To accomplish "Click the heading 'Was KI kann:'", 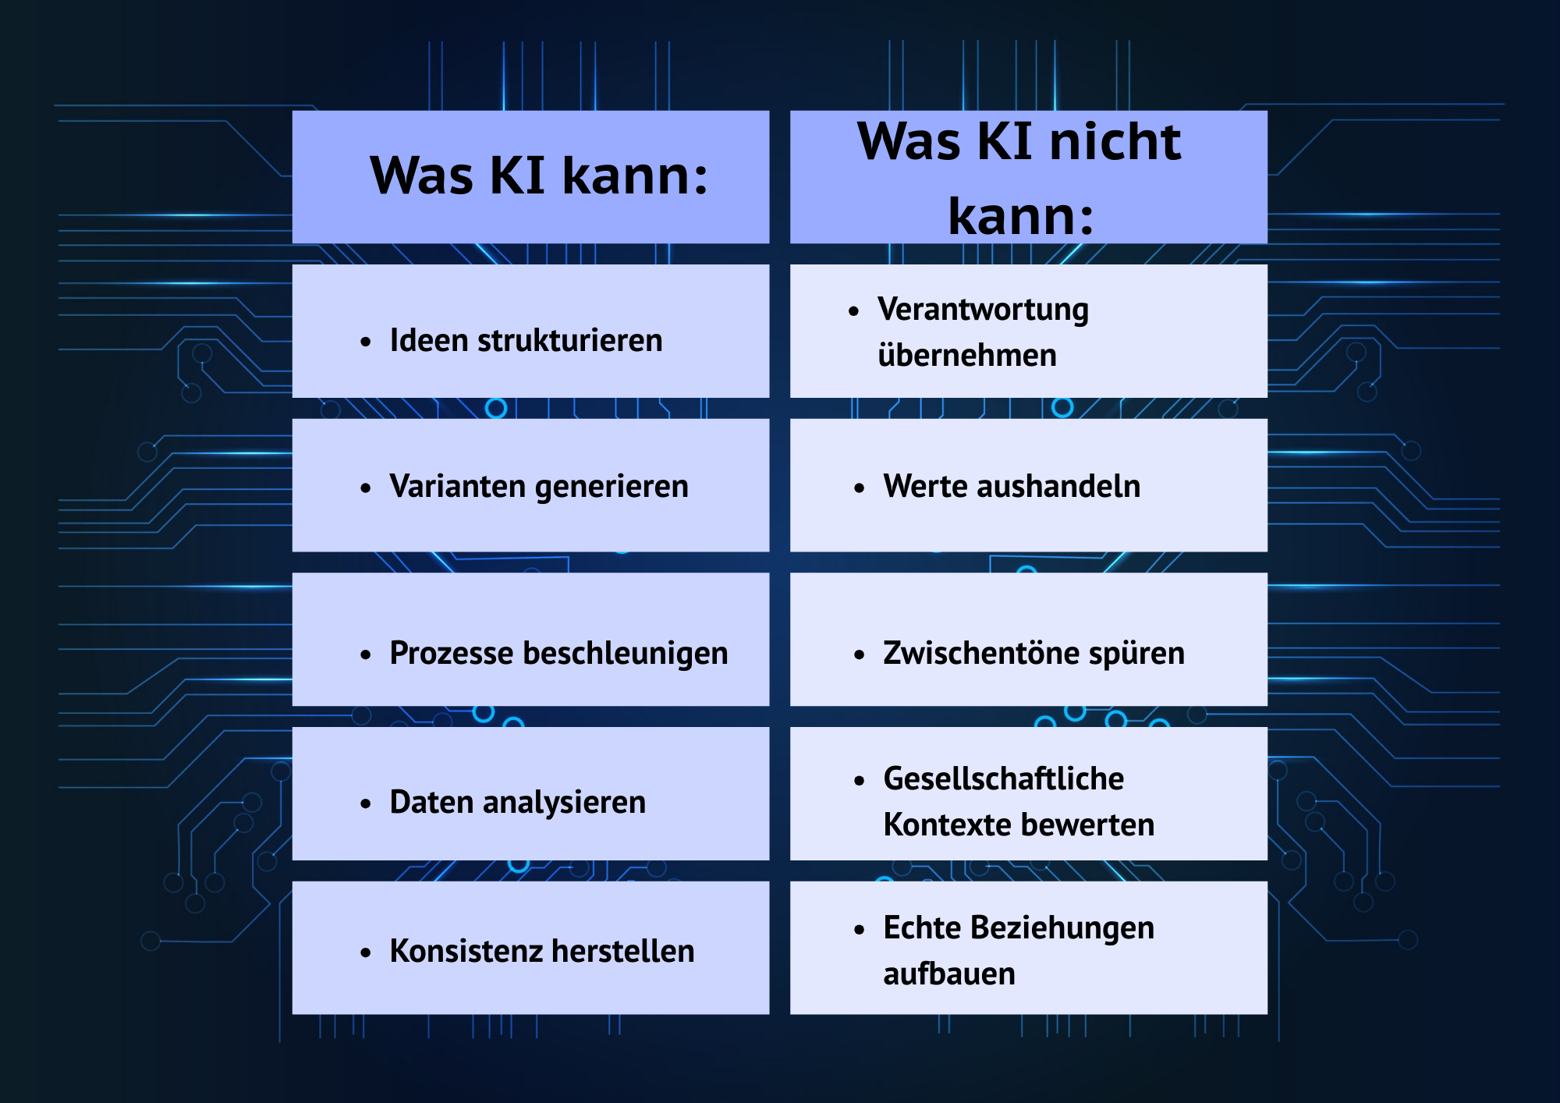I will (538, 176).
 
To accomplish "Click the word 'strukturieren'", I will (569, 341).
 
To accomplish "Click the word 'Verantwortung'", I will (983, 310).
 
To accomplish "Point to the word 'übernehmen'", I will (967, 356).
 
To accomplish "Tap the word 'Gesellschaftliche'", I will (1003, 778).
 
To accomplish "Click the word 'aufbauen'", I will (949, 974).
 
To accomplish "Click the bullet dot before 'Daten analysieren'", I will (365, 804).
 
